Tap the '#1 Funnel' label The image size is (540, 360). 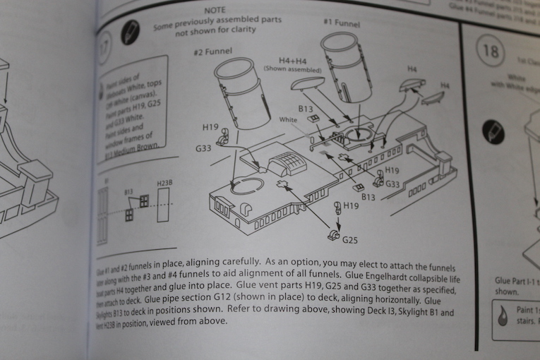(342, 22)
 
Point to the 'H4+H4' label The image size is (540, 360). (292, 61)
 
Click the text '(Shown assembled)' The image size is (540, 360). (292, 70)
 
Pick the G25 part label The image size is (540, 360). (350, 241)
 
